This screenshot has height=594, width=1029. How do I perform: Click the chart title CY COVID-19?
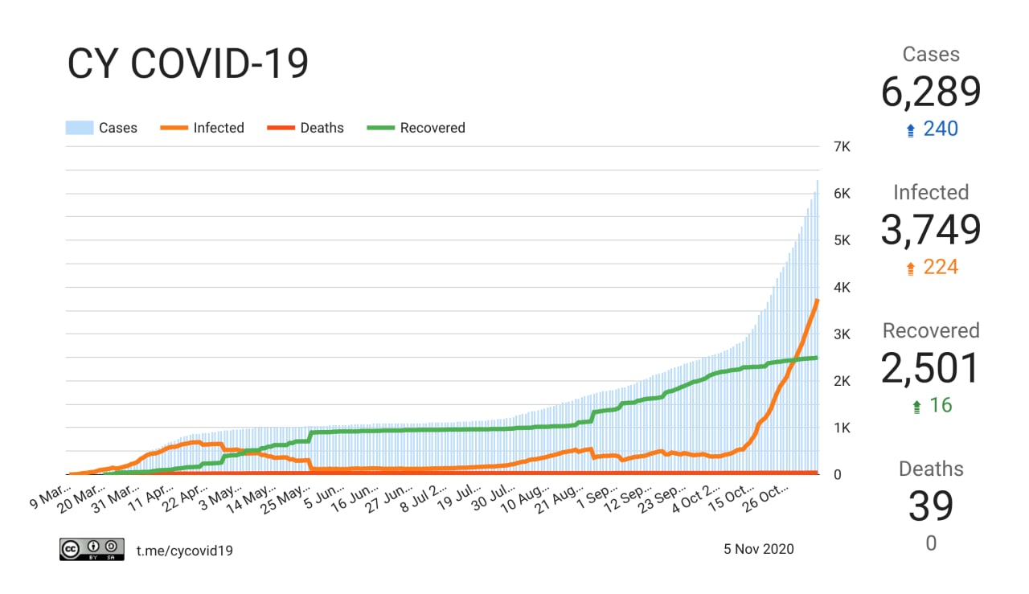click(187, 64)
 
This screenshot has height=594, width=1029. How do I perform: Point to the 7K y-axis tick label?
click(842, 147)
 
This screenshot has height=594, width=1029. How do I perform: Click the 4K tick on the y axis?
click(842, 287)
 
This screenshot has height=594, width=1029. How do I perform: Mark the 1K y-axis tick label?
click(842, 428)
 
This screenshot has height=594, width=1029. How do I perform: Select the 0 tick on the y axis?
click(836, 474)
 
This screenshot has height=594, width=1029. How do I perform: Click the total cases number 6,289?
click(931, 92)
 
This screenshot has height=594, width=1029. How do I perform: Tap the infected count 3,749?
click(931, 231)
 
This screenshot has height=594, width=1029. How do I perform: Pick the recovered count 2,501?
click(931, 369)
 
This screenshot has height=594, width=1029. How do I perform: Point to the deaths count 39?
click(931, 506)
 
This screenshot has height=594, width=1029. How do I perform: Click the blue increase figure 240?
click(940, 129)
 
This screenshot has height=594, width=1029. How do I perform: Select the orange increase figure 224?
click(940, 267)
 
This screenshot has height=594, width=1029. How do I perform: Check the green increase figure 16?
click(940, 405)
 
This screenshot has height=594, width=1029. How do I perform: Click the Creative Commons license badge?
click(92, 549)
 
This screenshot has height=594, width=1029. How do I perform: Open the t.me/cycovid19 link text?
click(185, 550)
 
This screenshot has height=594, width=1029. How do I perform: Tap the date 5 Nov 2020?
click(758, 549)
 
